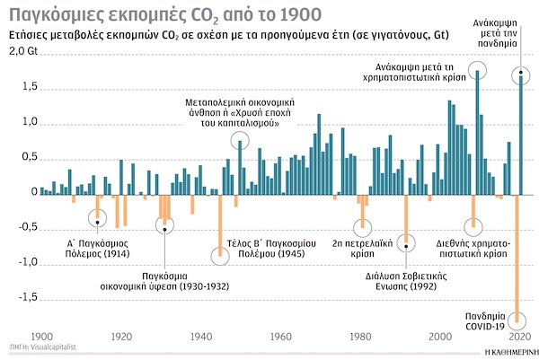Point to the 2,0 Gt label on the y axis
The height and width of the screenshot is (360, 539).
click(x=21, y=52)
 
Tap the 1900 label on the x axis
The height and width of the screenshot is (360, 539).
click(x=42, y=337)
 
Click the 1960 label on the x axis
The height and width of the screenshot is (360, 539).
click(x=280, y=337)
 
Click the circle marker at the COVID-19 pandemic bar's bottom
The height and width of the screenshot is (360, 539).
click(x=517, y=320)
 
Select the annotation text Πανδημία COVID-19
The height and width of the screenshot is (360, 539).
click(x=491, y=321)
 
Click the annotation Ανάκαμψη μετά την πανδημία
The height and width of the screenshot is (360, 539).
click(x=502, y=33)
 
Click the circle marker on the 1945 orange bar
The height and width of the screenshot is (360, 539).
click(x=219, y=255)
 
